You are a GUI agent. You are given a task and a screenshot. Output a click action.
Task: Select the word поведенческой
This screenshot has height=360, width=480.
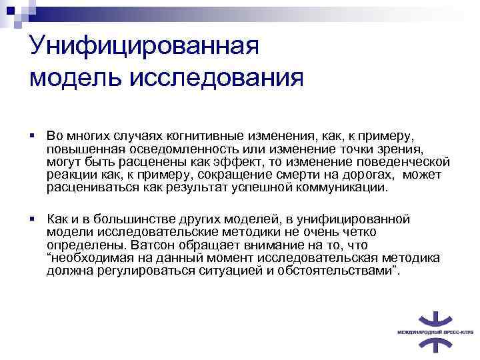(x=407, y=163)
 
